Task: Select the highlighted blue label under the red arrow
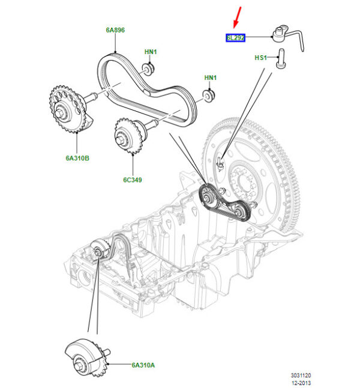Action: pyautogui.click(x=236, y=38)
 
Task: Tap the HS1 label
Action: pyautogui.click(x=261, y=58)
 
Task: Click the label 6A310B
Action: pyautogui.click(x=78, y=159)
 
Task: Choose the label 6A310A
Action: pyautogui.click(x=145, y=365)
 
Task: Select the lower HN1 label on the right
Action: pyautogui.click(x=210, y=78)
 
